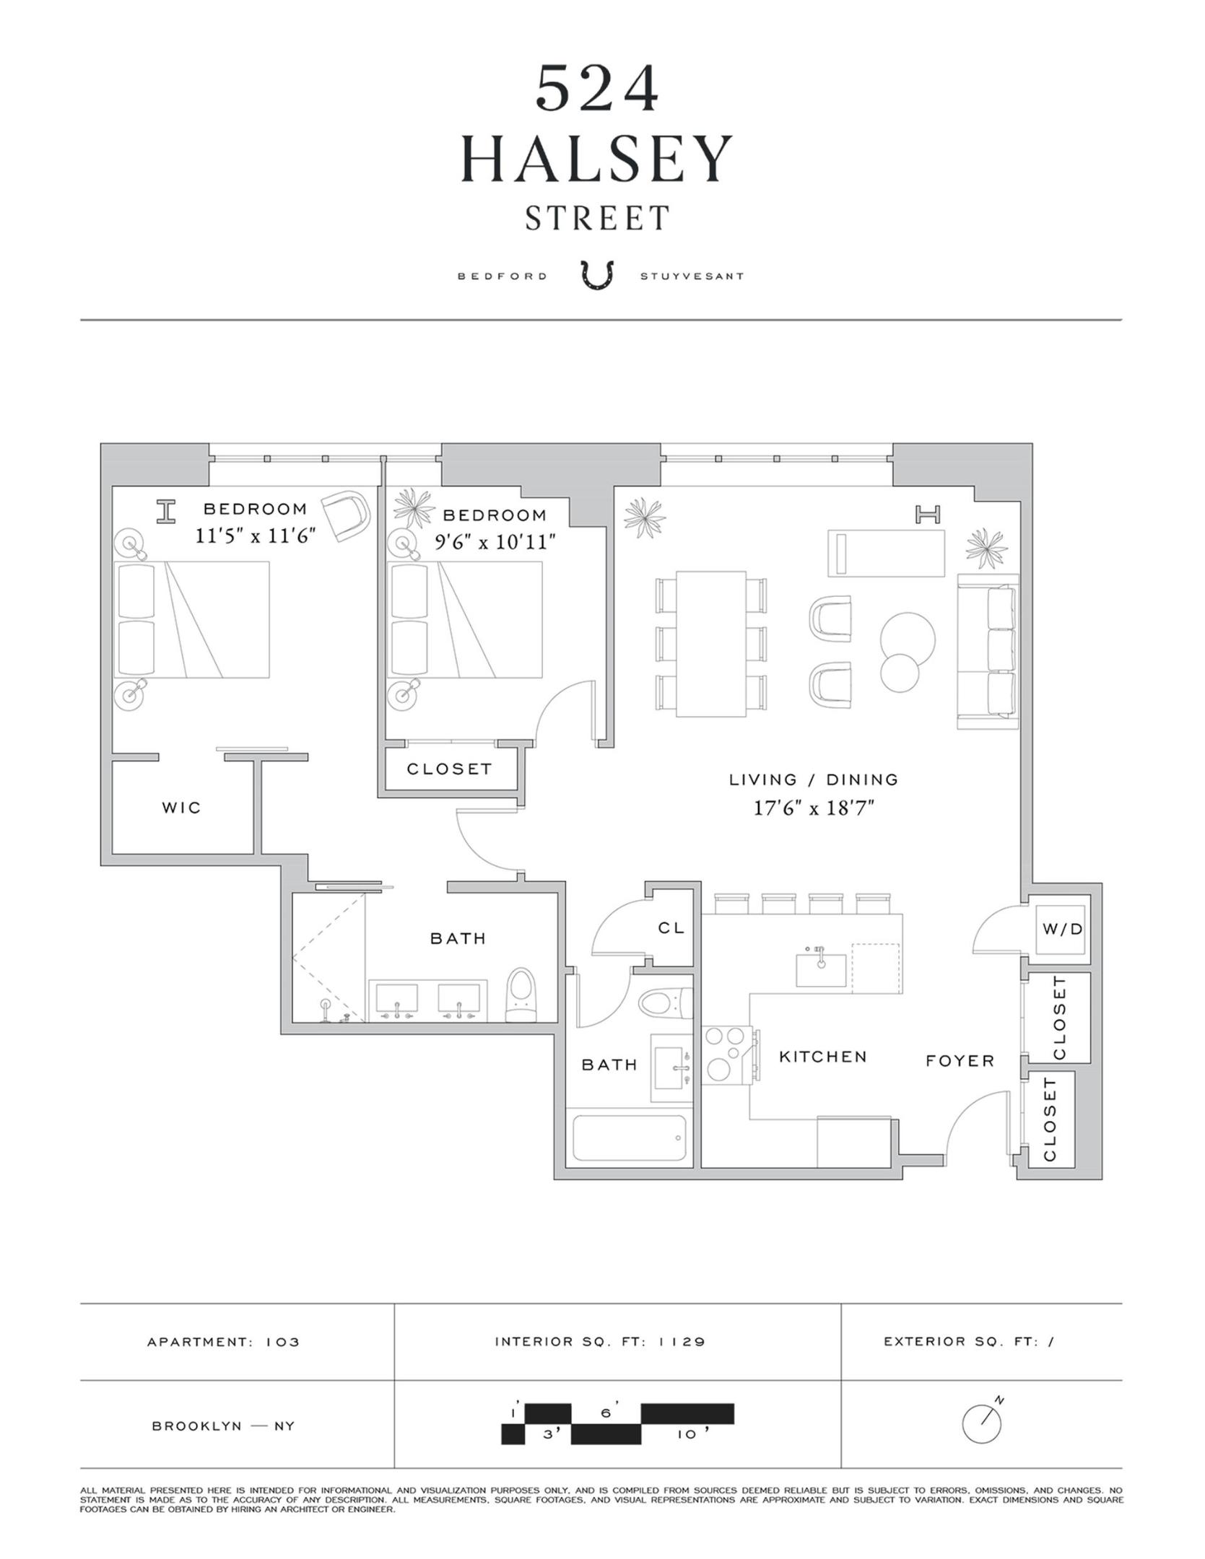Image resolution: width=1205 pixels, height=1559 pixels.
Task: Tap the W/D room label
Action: (x=1063, y=929)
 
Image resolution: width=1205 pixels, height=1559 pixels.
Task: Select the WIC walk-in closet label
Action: (x=181, y=808)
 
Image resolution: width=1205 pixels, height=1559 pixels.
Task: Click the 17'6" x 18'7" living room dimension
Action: (x=814, y=808)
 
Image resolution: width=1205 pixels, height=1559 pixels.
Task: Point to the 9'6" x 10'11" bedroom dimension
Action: (x=495, y=541)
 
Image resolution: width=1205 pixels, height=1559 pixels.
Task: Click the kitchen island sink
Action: (x=821, y=969)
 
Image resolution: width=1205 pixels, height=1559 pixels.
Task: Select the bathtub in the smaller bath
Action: (x=629, y=1138)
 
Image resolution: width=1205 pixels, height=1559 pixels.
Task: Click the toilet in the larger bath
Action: (x=521, y=995)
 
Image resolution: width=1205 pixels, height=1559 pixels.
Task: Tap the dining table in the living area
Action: (x=710, y=644)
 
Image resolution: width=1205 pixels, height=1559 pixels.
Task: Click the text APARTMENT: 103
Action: (x=223, y=1342)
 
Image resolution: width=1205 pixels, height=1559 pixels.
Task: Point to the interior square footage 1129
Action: (x=599, y=1342)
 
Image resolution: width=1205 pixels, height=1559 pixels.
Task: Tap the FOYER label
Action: (x=960, y=1060)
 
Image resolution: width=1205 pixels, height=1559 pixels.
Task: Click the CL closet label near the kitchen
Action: (x=671, y=928)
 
